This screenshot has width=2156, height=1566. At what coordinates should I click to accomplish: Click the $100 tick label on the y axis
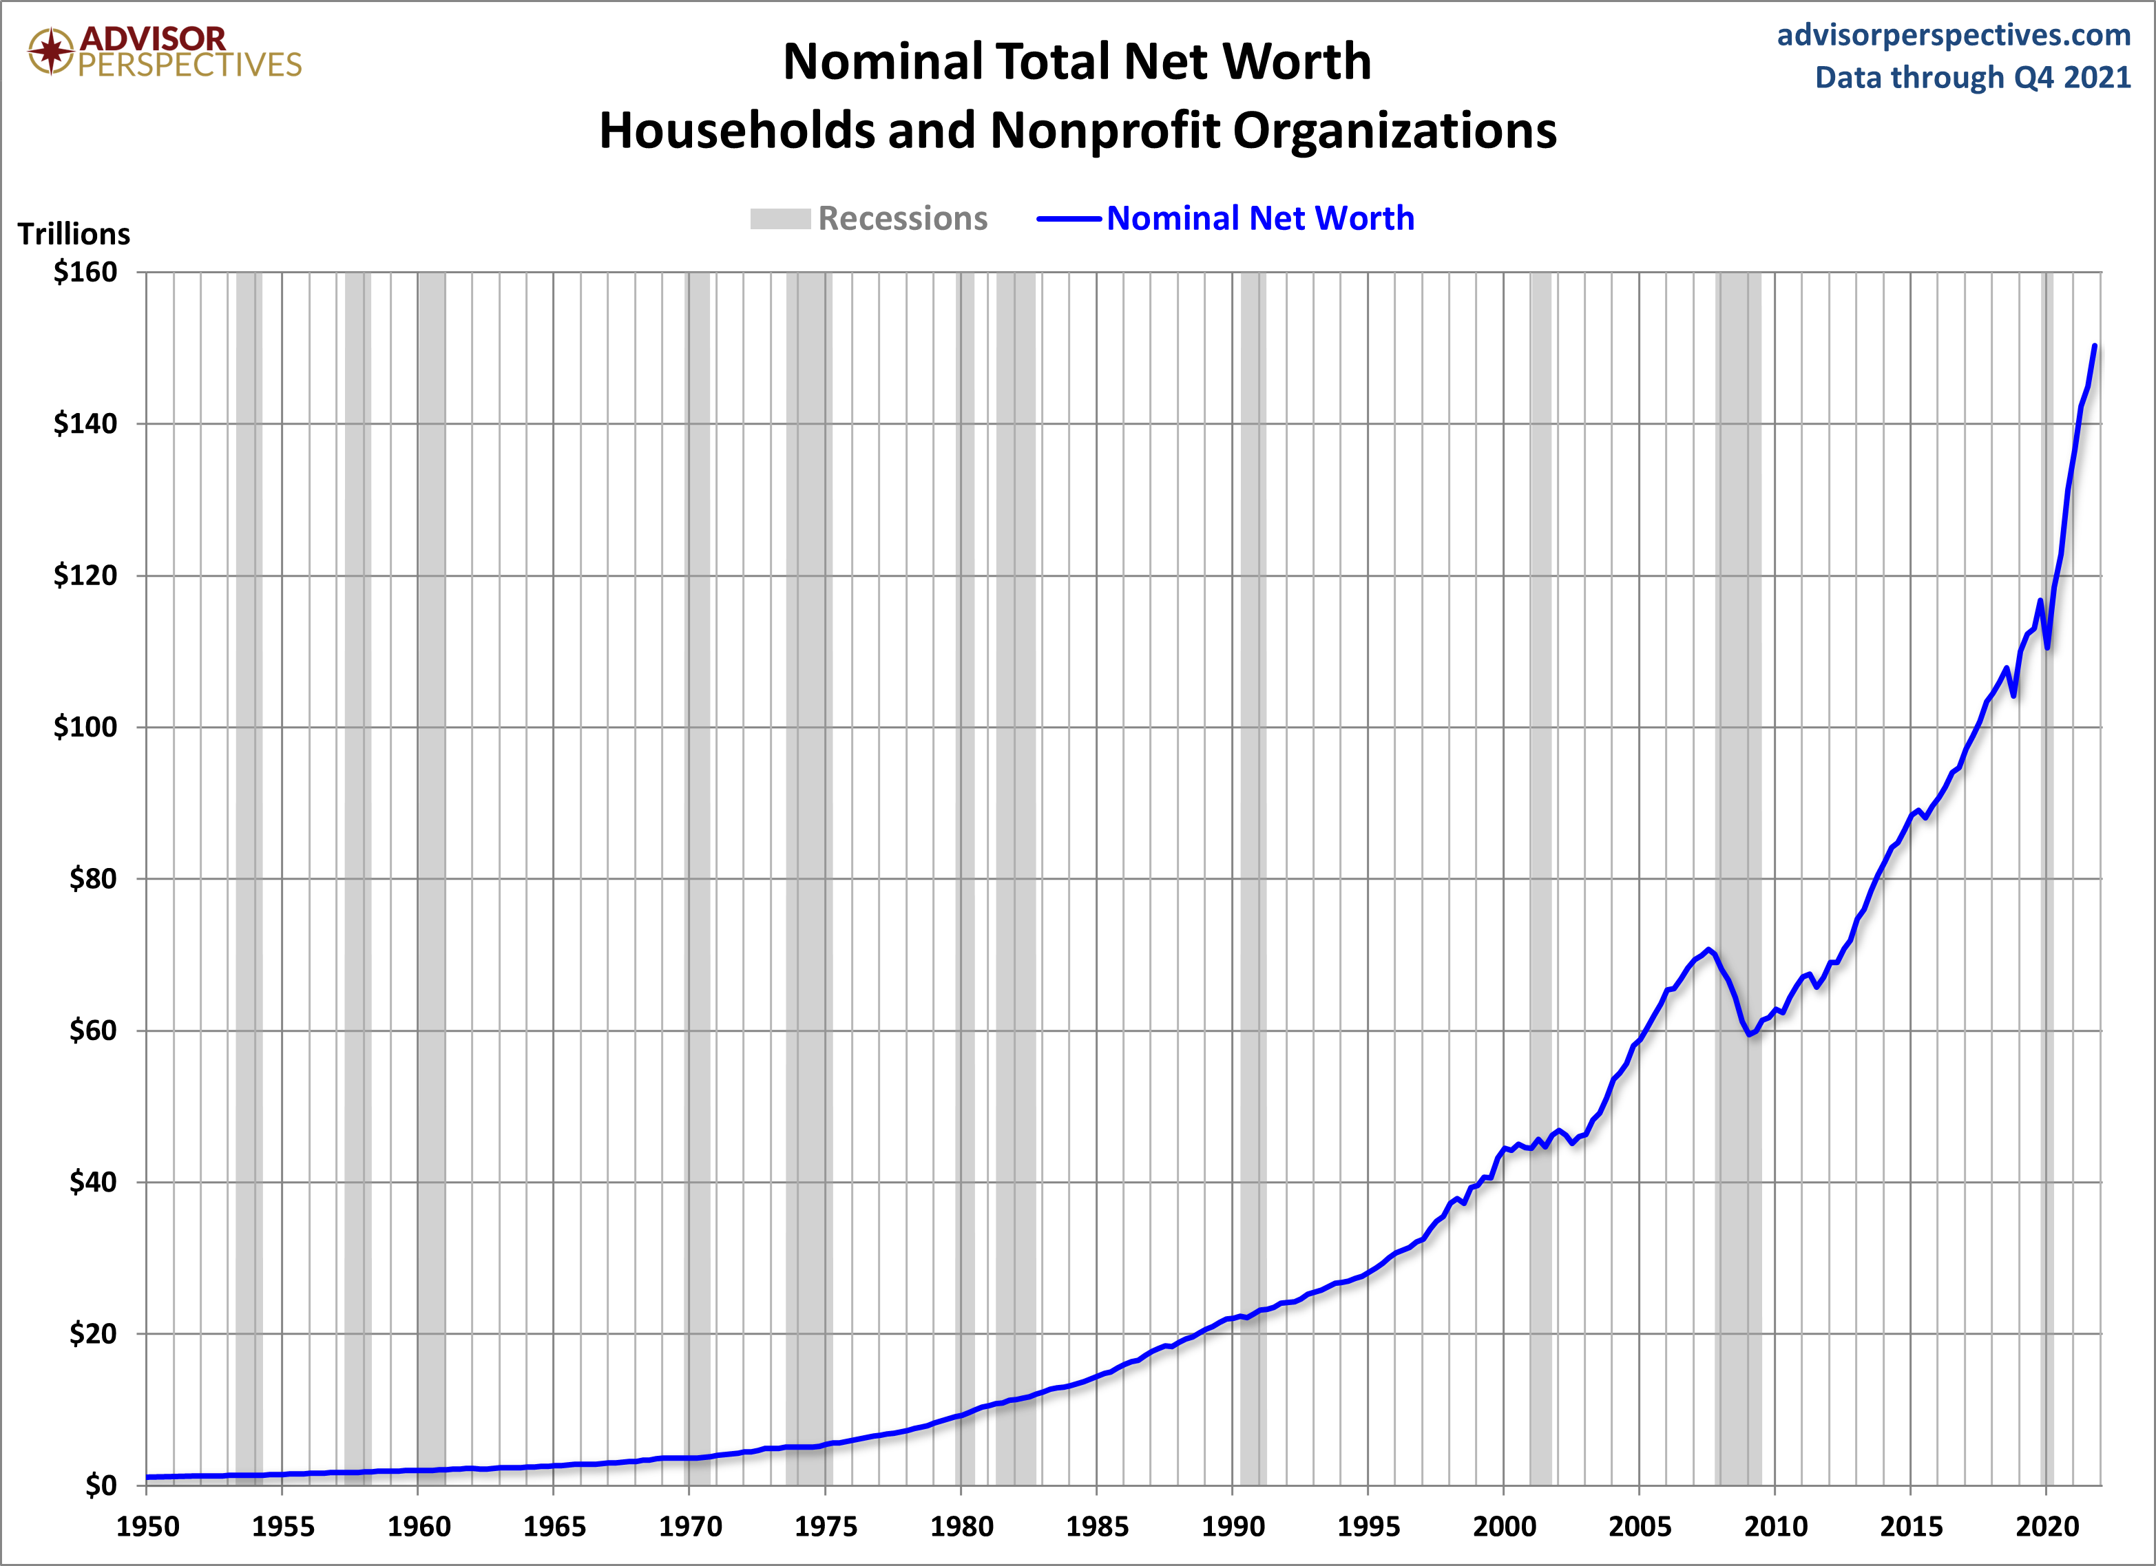[x=85, y=728]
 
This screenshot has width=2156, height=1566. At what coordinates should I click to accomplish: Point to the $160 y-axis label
[x=85, y=273]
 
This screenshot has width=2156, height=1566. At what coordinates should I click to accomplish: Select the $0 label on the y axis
[x=101, y=1485]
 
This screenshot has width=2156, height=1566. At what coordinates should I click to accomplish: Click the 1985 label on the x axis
[x=1097, y=1527]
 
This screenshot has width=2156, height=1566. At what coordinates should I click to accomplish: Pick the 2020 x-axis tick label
[x=2047, y=1527]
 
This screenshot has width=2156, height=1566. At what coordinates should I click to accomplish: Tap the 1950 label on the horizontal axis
[x=147, y=1527]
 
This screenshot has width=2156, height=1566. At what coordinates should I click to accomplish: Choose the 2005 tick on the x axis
[x=1640, y=1527]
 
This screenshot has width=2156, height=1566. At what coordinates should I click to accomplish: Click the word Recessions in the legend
[x=902, y=219]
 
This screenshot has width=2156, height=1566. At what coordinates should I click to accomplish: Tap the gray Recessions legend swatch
[x=779, y=219]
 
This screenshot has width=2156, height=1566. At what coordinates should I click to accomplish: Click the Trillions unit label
[x=74, y=234]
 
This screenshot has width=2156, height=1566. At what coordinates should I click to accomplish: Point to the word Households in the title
[x=736, y=130]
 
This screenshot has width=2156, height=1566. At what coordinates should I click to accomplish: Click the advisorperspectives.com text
[x=1954, y=35]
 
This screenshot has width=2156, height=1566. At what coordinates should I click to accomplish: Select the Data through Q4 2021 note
[x=1973, y=77]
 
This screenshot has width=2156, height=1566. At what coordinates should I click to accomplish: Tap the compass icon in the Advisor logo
[x=50, y=50]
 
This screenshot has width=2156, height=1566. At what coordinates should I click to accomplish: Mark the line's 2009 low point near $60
[x=1749, y=1034]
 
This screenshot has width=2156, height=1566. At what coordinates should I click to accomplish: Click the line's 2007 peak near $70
[x=1708, y=949]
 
